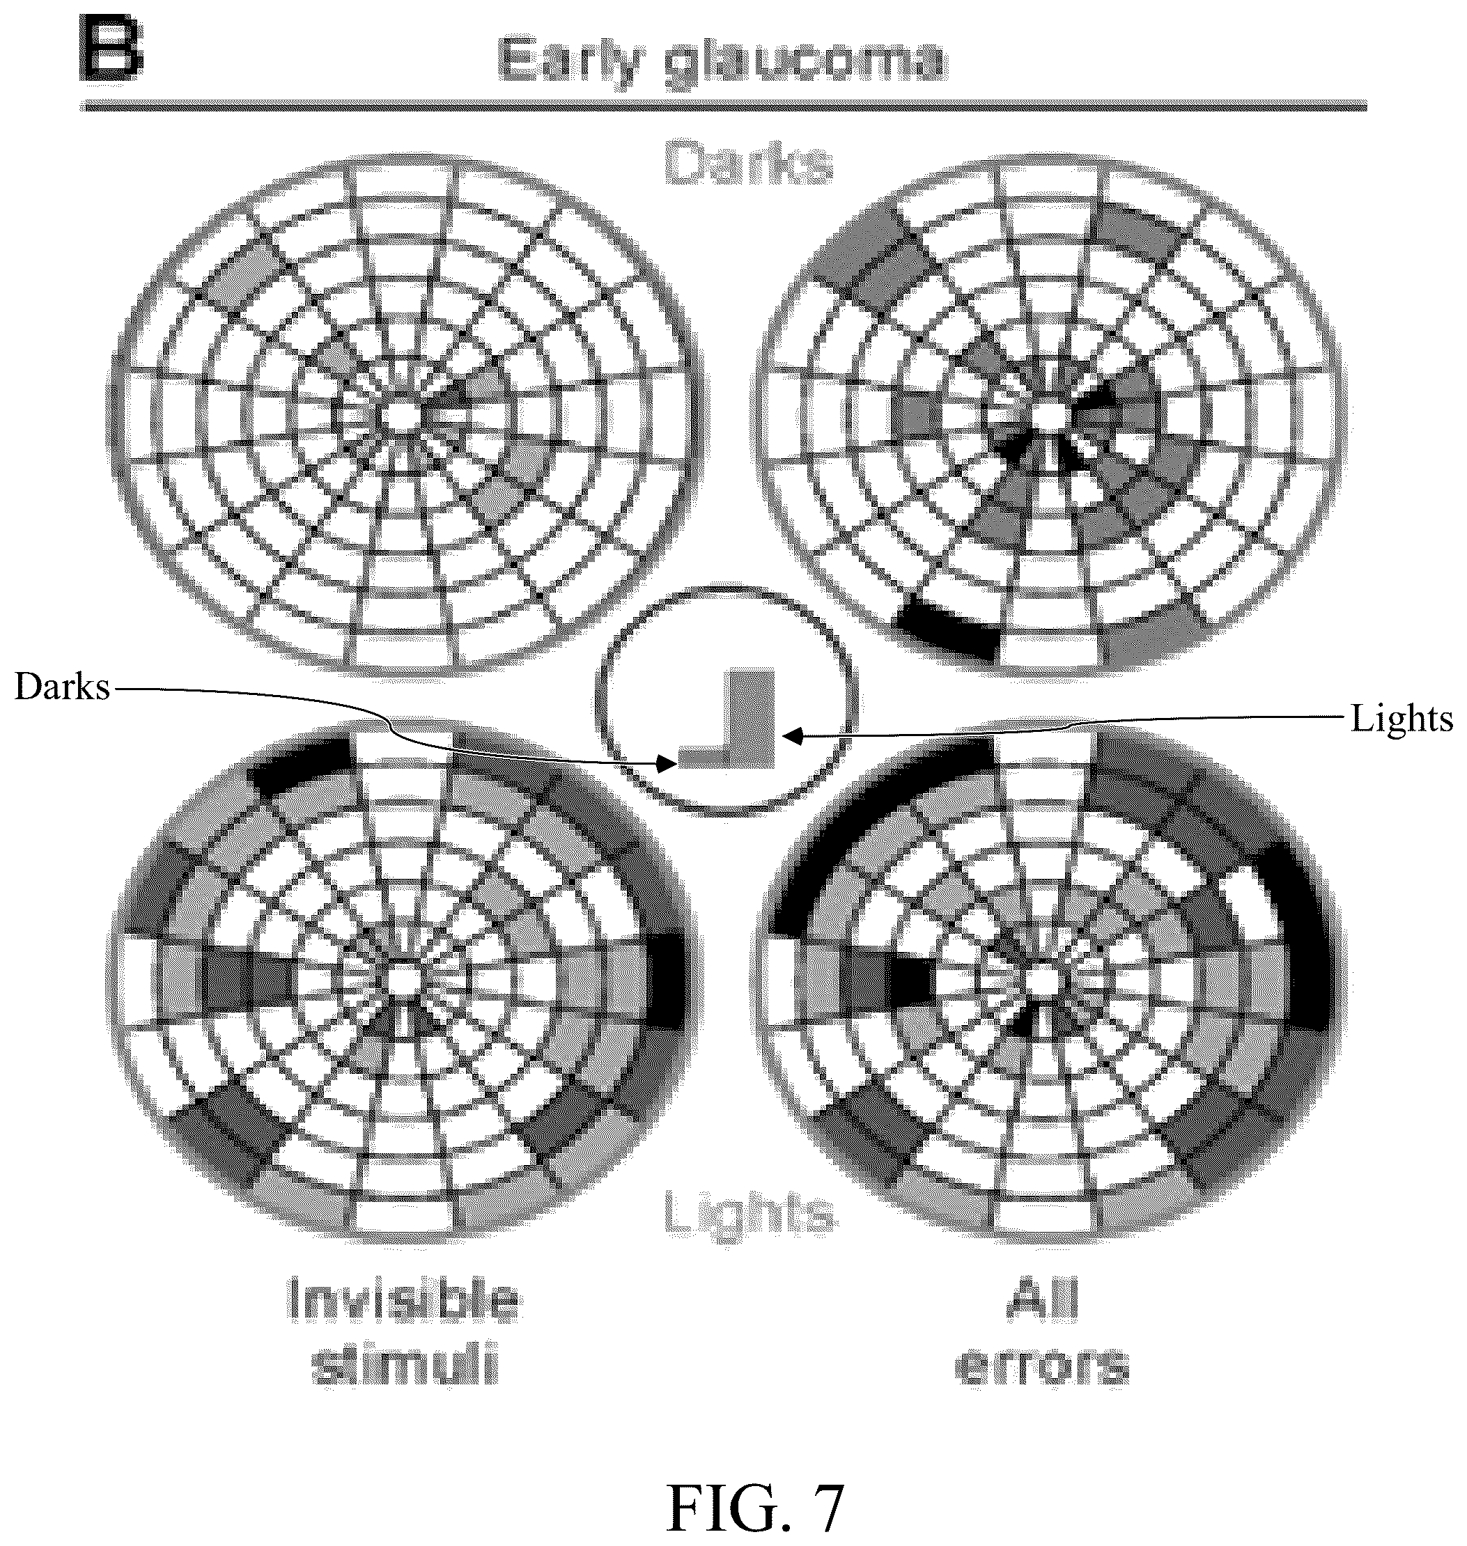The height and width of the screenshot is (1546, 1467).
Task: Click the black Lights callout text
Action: pyautogui.click(x=1402, y=718)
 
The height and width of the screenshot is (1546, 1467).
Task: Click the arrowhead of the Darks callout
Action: pyautogui.click(x=665, y=765)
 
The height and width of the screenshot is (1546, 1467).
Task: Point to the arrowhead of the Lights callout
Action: pyautogui.click(x=792, y=735)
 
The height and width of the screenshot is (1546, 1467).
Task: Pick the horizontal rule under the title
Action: pyautogui.click(x=723, y=106)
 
